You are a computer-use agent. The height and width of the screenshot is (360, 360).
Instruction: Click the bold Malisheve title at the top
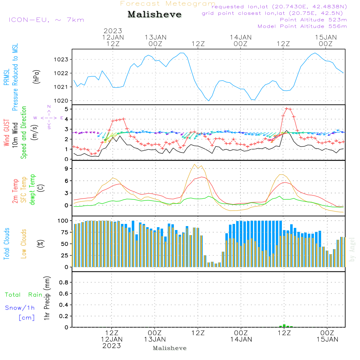(x=154, y=14)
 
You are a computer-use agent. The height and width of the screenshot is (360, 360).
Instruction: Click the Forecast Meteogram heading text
(x=168, y=4)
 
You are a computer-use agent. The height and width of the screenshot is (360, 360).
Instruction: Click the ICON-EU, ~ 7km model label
(x=46, y=20)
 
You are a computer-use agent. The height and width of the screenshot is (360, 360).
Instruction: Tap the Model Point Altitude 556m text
(x=302, y=26)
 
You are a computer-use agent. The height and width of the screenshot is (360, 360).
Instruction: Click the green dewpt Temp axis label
(x=32, y=190)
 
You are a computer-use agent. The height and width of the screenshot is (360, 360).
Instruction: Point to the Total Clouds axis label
(x=7, y=244)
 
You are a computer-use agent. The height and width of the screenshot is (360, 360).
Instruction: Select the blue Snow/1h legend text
(x=20, y=308)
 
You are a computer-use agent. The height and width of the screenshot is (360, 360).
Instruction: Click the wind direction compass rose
(x=49, y=118)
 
